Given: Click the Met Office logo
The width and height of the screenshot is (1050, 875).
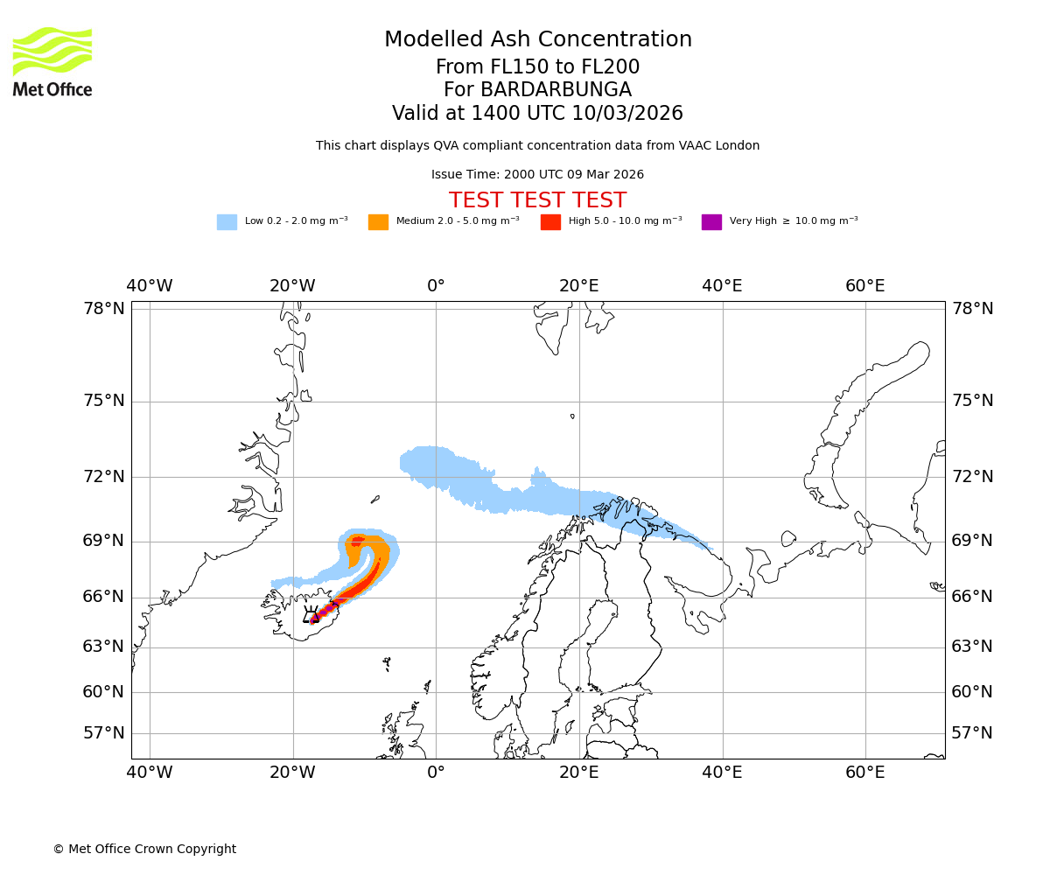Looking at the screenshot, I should pyautogui.click(x=52, y=61).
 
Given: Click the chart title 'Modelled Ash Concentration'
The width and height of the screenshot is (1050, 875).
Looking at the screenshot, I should pyautogui.click(x=537, y=40).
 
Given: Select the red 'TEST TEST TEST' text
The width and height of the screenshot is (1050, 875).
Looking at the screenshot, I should pyautogui.click(x=537, y=200).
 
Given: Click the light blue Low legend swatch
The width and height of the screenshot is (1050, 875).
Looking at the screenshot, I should pyautogui.click(x=227, y=222).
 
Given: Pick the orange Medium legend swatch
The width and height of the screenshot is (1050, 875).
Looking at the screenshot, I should pyautogui.click(x=378, y=222).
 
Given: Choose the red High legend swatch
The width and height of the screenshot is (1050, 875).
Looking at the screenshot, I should pyautogui.click(x=550, y=222).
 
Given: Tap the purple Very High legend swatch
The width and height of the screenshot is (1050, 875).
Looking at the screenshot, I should pyautogui.click(x=711, y=222).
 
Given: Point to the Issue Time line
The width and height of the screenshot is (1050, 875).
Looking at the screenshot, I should pyautogui.click(x=537, y=175).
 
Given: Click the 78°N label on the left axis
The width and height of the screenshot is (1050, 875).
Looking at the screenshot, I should pyautogui.click(x=104, y=309).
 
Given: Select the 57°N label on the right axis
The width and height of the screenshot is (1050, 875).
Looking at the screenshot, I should pyautogui.click(x=972, y=733).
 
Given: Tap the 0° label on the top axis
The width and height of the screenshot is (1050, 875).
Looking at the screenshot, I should pyautogui.click(x=436, y=286).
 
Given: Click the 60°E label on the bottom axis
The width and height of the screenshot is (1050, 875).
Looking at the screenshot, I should pyautogui.click(x=864, y=773).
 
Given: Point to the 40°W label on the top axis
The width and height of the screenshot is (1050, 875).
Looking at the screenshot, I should pyautogui.click(x=150, y=286).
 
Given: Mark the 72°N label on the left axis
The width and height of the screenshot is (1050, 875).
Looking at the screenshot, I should pyautogui.click(x=104, y=477).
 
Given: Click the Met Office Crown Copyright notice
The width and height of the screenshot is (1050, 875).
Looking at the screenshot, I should pyautogui.click(x=144, y=849).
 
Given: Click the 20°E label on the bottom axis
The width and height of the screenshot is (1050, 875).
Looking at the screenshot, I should pyautogui.click(x=578, y=773).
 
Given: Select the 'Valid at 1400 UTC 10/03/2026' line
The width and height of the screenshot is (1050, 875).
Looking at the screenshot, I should pyautogui.click(x=537, y=114).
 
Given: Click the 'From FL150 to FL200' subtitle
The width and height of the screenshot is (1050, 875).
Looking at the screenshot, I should pyautogui.click(x=537, y=67).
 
